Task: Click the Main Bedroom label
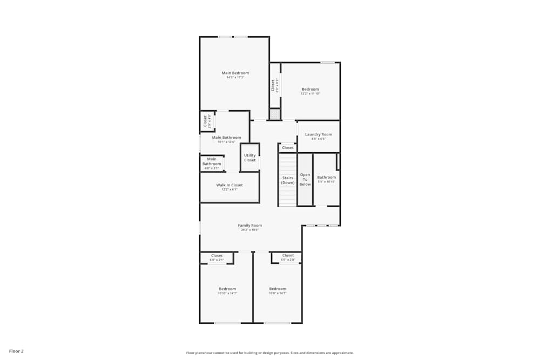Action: point(235,73)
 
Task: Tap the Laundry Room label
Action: point(319,134)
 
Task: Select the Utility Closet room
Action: point(249,158)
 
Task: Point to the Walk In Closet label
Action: point(230,185)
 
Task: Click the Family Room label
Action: point(249,225)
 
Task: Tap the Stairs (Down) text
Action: point(288,180)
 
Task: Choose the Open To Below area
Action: point(305,180)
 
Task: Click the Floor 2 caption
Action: point(16,351)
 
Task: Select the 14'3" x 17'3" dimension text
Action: point(235,78)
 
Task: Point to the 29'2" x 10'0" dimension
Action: point(249,230)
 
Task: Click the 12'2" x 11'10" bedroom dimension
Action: point(310,94)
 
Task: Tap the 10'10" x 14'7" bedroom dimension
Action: point(227,294)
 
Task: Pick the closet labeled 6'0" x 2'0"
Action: point(287,257)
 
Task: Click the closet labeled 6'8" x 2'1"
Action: point(217,257)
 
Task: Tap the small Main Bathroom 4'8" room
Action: point(212,163)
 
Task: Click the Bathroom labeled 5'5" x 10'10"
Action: point(326,179)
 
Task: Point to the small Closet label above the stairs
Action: point(288,147)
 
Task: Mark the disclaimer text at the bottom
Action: point(270,353)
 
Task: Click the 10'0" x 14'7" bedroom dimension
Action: point(278,294)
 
